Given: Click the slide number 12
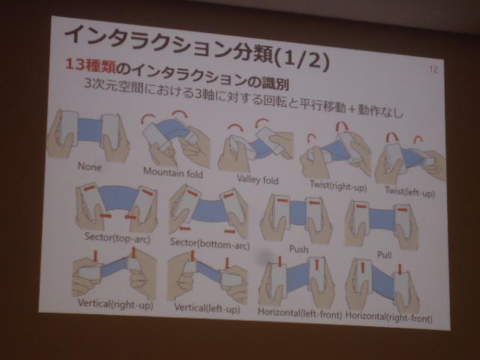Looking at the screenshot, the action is point(433,70).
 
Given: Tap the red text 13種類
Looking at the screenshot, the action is point(91,65).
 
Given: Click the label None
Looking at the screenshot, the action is point(89,166).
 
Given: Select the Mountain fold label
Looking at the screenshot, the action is point(173,173).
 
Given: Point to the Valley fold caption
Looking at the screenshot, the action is point(257,179).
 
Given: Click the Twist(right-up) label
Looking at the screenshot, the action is point(338,185).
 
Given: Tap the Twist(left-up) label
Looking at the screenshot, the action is point(410,192).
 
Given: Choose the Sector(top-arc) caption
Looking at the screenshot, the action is point(117,238).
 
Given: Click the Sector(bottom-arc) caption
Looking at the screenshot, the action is point(210,244).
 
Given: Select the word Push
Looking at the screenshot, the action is point(298,249).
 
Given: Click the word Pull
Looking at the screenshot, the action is point(385,255).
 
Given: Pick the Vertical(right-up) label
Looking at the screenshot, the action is point(115,304).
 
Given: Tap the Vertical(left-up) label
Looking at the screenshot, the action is point(207,308).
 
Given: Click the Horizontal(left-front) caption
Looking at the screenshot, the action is point(300,313).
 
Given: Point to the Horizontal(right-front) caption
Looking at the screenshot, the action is point(388,317).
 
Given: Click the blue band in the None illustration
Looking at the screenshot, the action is point(90,130).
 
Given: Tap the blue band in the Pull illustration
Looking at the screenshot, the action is point(382,220).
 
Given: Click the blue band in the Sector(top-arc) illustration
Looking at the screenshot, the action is point(120,198).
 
